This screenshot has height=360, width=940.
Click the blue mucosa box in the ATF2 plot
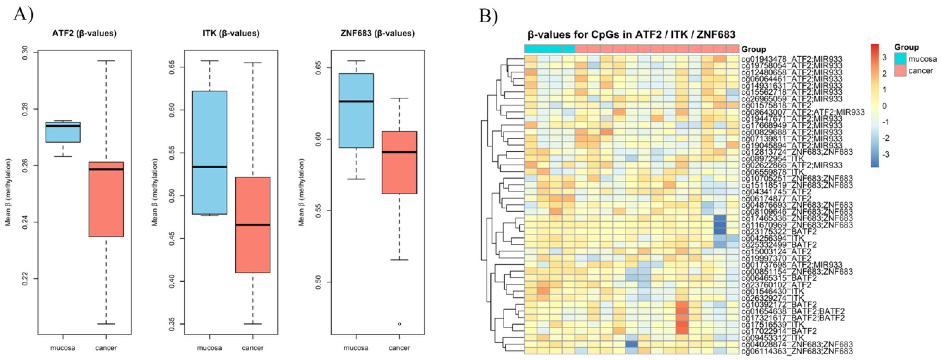pos(63,132)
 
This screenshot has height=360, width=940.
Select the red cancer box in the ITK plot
pos(252,225)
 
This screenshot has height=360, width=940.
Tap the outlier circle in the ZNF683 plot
pos(399,324)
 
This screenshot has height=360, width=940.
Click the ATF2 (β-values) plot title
pos(84,34)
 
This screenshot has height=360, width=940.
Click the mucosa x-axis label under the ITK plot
pos(209,348)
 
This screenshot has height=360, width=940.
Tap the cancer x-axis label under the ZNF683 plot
pos(399,348)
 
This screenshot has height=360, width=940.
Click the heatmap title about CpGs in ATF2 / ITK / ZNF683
pos(631,35)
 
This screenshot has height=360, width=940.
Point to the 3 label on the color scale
pos(884,58)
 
